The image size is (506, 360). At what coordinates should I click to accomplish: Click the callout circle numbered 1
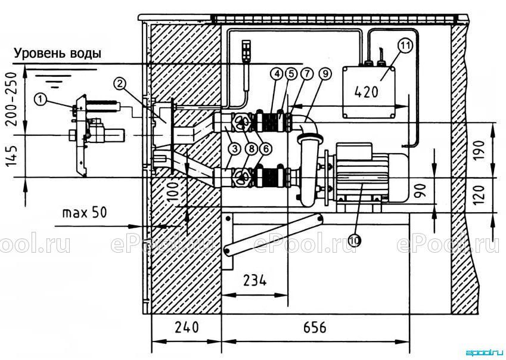[41, 100]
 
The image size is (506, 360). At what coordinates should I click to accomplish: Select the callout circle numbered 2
[120, 84]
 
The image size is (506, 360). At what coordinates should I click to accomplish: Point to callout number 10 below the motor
[355, 240]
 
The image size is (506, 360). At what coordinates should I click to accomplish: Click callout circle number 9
[325, 74]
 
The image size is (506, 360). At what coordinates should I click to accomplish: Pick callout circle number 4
[277, 74]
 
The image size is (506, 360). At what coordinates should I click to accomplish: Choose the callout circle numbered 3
[235, 149]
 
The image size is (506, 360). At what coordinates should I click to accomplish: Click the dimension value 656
[315, 327]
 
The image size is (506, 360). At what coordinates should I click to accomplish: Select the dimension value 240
[187, 327]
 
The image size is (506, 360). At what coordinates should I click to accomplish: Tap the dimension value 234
[255, 280]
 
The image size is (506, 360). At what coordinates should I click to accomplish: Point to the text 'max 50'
[84, 213]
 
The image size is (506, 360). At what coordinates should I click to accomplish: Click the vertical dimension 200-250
[11, 99]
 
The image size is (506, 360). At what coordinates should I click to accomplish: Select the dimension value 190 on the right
[480, 151]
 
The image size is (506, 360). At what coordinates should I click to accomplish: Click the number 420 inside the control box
[366, 92]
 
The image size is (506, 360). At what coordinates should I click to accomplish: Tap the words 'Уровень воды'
[57, 53]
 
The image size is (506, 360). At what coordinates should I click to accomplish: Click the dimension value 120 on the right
[480, 194]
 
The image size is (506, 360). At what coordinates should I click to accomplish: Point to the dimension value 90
[421, 190]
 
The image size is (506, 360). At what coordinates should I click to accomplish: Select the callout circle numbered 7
[307, 74]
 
